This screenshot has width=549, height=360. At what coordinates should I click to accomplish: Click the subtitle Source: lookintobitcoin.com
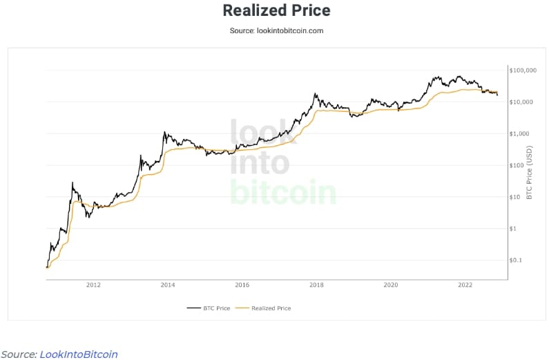pyautogui.click(x=276, y=30)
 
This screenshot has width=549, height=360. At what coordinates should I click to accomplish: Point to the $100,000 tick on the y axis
pyautogui.click(x=523, y=70)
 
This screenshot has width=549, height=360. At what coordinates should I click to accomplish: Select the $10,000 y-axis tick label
pyautogui.click(x=521, y=102)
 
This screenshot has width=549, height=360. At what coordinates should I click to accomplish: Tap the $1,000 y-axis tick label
pyautogui.click(x=520, y=133)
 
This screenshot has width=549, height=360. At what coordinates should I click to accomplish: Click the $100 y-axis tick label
pyautogui.click(x=518, y=165)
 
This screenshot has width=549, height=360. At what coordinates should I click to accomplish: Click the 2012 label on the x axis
pyautogui.click(x=93, y=285)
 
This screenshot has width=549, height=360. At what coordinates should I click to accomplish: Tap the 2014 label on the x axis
pyautogui.click(x=167, y=285)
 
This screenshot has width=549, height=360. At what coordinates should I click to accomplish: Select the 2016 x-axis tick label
pyautogui.click(x=242, y=285)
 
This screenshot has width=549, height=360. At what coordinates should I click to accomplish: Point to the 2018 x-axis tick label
pyautogui.click(x=316, y=285)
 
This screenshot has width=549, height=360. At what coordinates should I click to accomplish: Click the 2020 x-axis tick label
pyautogui.click(x=390, y=285)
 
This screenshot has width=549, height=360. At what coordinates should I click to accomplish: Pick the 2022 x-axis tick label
pyautogui.click(x=465, y=285)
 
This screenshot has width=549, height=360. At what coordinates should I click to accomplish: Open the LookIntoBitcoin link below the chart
pyautogui.click(x=78, y=354)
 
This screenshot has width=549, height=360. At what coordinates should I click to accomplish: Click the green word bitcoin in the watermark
pyautogui.click(x=282, y=192)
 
